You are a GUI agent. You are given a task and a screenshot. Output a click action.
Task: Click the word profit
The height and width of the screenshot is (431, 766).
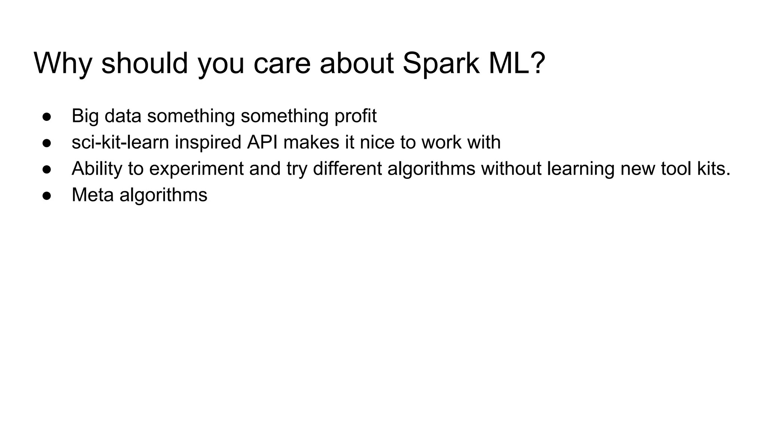pos(355,116)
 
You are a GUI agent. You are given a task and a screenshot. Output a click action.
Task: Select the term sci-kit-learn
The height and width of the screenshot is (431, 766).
pos(120,143)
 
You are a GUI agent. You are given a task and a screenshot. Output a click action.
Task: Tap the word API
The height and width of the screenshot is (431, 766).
pos(262,143)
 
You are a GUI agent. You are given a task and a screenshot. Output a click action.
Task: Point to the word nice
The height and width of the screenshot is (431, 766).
pos(377,143)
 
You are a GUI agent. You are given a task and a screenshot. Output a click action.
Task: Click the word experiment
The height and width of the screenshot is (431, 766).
pos(196,169)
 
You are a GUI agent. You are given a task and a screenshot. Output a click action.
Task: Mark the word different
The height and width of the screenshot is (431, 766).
pos(347,169)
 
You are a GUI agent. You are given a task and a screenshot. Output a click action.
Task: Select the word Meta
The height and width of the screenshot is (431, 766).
pos(92,195)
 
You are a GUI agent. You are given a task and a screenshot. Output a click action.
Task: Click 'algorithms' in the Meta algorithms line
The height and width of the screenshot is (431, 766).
pos(163,195)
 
